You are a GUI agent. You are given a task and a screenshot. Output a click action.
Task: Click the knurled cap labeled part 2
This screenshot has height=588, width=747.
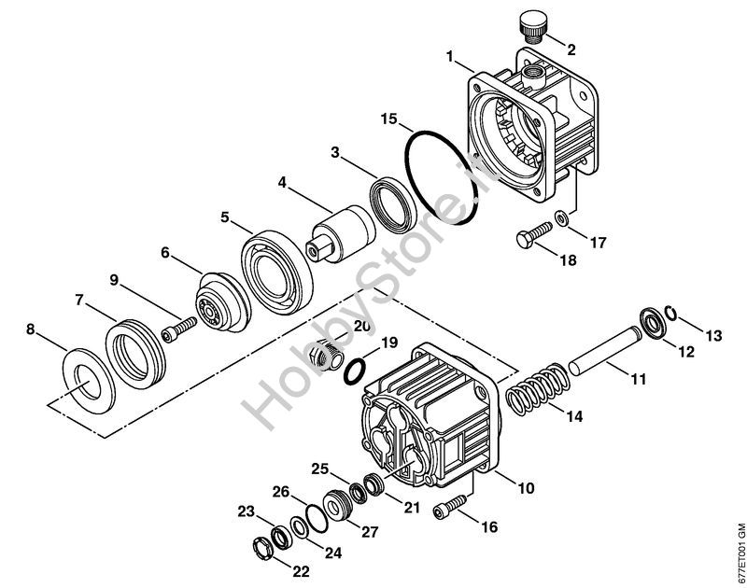pyautogui.click(x=531, y=27)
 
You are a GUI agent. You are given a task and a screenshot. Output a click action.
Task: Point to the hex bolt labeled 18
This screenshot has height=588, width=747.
pyautogui.click(x=533, y=234)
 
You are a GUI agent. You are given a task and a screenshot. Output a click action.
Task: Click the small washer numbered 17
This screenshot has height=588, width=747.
pyautogui.click(x=562, y=218)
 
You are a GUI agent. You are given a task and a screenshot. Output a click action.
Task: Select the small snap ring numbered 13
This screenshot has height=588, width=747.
pyautogui.click(x=671, y=314)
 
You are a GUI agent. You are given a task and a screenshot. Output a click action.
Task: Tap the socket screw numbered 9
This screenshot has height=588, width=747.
pyautogui.click(x=179, y=329)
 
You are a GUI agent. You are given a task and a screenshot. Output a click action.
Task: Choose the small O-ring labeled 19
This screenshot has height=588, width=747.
pyautogui.click(x=355, y=371)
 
